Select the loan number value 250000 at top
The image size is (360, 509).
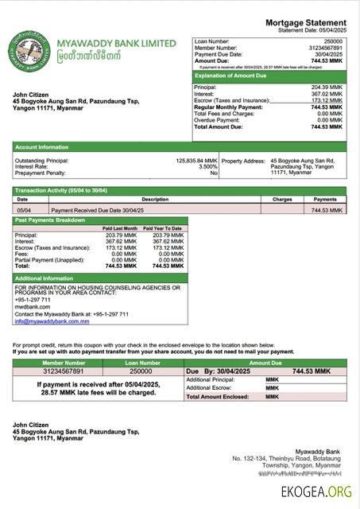[x=334, y=41]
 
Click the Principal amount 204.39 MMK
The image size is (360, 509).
[x=327, y=87]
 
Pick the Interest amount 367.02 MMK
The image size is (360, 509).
[x=327, y=94]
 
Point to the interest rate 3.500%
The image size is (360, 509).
[x=207, y=166]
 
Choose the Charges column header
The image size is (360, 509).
[x=282, y=199]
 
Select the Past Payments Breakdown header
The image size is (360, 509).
[x=51, y=220]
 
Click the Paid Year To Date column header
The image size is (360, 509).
[x=167, y=228]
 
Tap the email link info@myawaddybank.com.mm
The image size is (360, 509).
[x=52, y=321]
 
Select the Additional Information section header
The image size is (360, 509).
[x=45, y=278]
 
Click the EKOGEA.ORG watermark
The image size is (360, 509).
[x=316, y=493]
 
